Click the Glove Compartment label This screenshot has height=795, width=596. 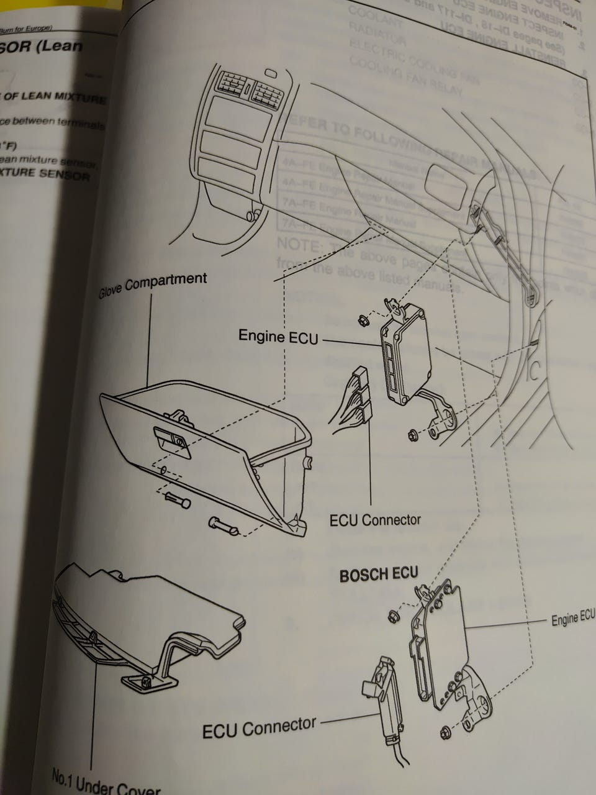coord(153,284)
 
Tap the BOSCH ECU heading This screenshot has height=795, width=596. coord(379,575)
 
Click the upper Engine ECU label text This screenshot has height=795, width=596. coord(278,337)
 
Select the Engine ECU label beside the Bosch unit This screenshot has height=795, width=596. coord(573,619)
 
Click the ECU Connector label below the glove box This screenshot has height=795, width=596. coord(375,519)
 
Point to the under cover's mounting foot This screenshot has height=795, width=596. coord(143,683)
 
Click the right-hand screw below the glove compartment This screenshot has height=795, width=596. coord(224,525)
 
